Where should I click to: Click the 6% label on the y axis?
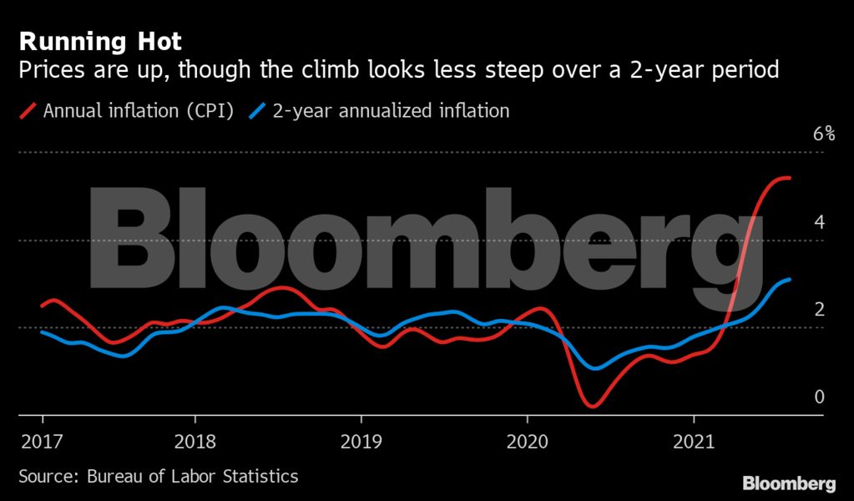pyautogui.click(x=824, y=134)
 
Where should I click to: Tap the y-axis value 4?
pyautogui.click(x=820, y=222)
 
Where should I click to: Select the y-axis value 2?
pyautogui.click(x=820, y=310)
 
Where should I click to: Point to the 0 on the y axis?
pyautogui.click(x=820, y=397)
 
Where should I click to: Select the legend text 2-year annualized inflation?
pyautogui.click(x=391, y=110)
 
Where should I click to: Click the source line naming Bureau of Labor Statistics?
pyautogui.click(x=158, y=477)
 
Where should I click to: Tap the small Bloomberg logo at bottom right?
pyautogui.click(x=789, y=483)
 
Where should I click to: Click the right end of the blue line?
pyautogui.click(x=790, y=280)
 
